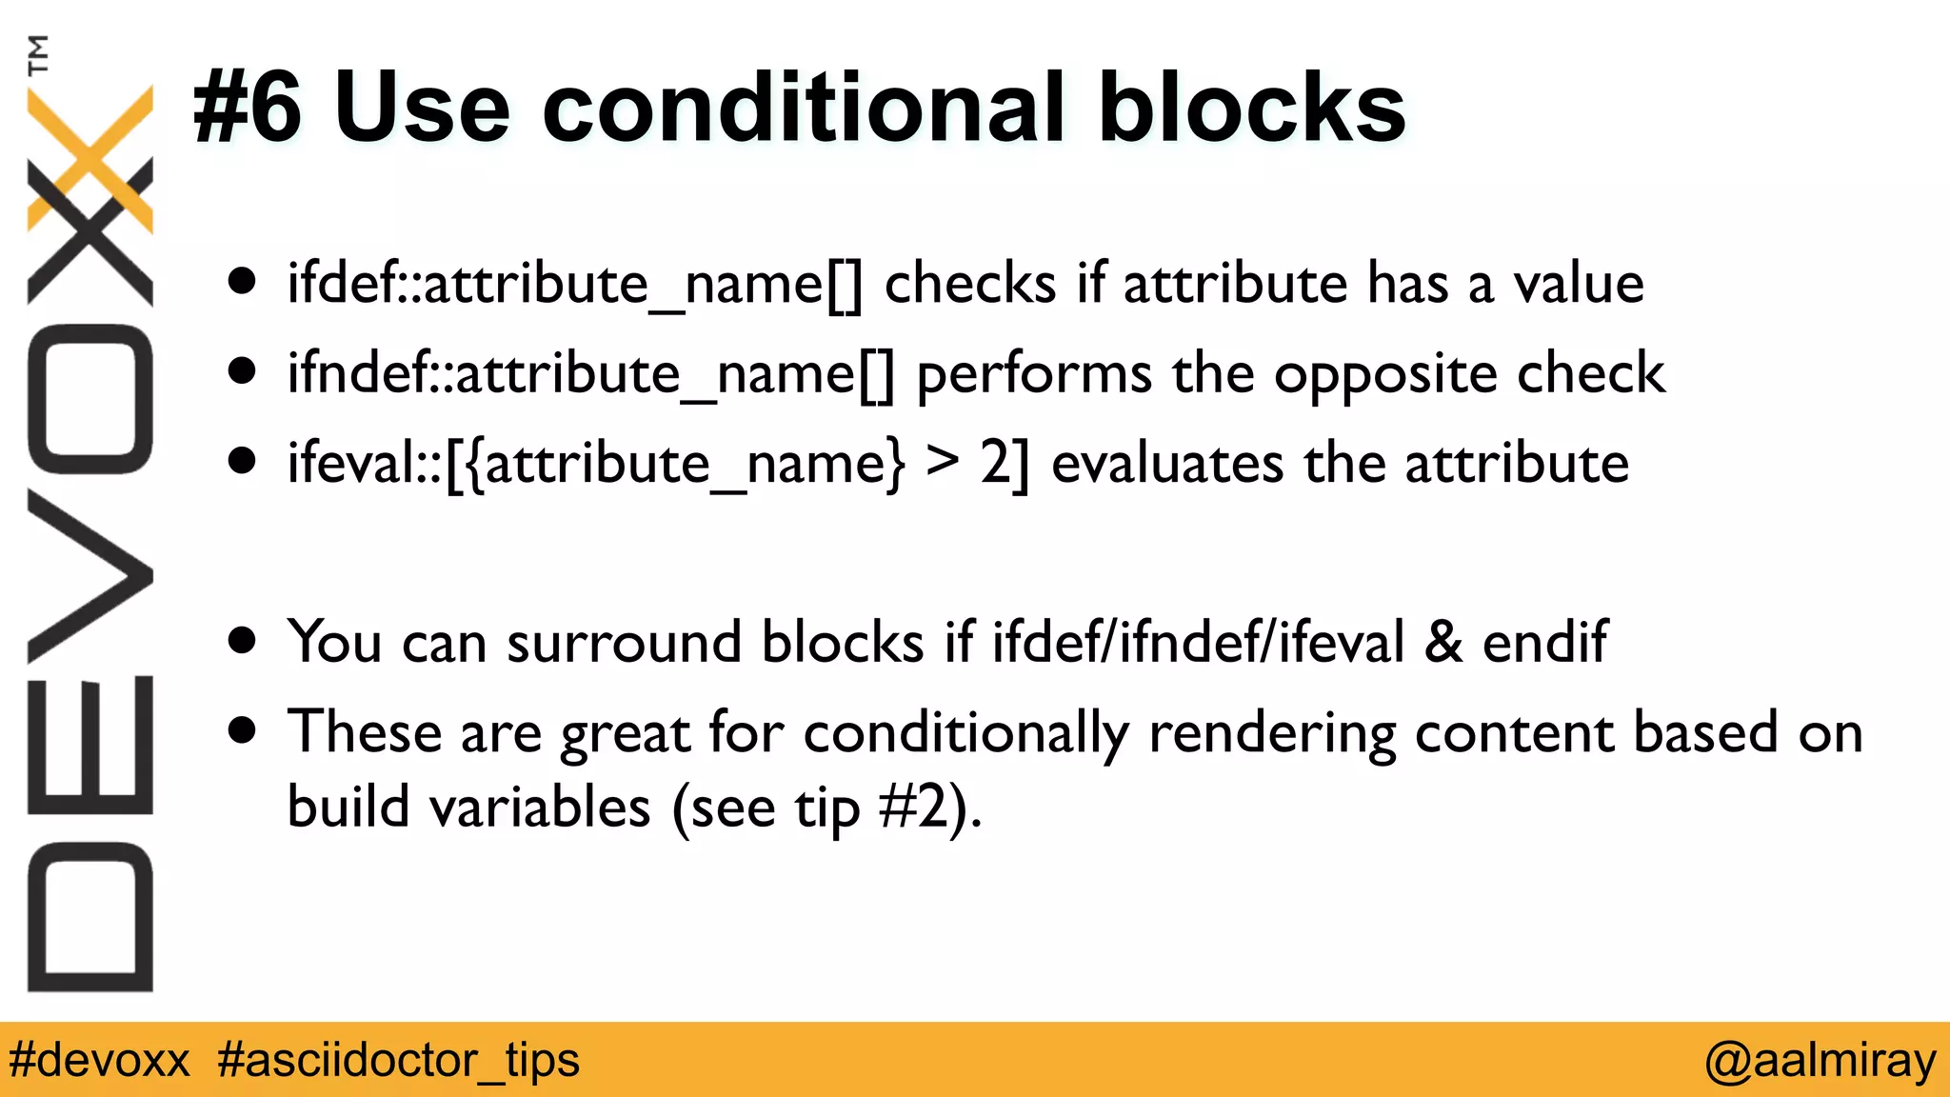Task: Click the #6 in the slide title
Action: tap(248, 109)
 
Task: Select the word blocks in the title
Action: tap(1251, 109)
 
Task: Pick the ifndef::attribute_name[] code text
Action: tap(590, 374)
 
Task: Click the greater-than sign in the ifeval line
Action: tap(943, 462)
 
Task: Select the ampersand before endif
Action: tap(1443, 641)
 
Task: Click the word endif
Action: tap(1544, 641)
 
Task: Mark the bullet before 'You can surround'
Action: tap(243, 641)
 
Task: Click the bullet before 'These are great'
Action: tap(243, 730)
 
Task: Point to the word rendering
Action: tap(1271, 734)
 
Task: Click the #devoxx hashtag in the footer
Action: tap(99, 1060)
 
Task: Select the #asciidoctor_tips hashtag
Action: tap(398, 1060)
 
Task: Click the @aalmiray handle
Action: tap(1820, 1060)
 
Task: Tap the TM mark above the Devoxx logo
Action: tap(39, 54)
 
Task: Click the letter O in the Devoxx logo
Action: tap(90, 399)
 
